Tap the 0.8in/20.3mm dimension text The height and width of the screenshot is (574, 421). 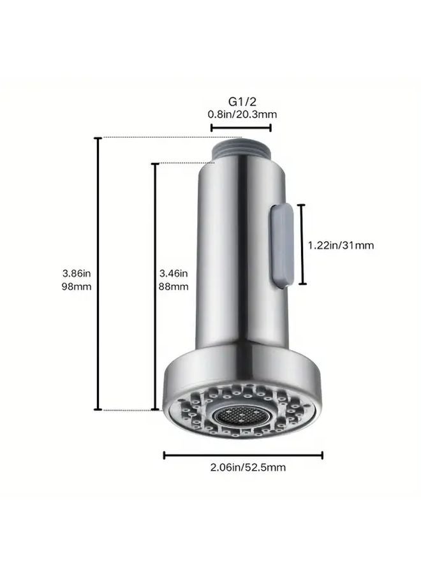pyautogui.click(x=242, y=114)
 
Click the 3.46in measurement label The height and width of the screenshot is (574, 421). pyautogui.click(x=173, y=274)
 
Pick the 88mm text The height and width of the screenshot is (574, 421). pyautogui.click(x=173, y=286)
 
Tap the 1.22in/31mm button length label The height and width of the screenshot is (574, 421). pyautogui.click(x=341, y=245)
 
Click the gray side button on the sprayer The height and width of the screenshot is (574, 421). pyautogui.click(x=281, y=244)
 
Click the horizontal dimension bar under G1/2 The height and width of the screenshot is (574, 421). pyautogui.click(x=241, y=127)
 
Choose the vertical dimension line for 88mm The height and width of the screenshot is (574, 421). pyautogui.click(x=154, y=286)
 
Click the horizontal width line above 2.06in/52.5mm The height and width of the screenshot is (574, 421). pyautogui.click(x=243, y=455)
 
